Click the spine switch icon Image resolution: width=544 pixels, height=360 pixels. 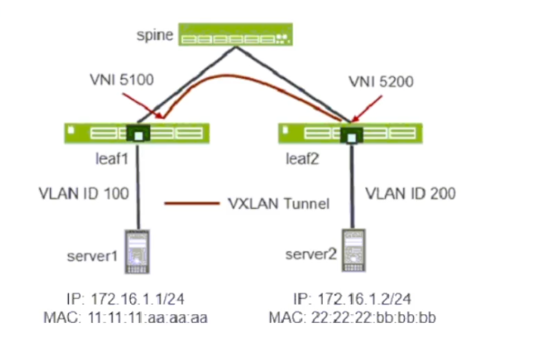coord(235,35)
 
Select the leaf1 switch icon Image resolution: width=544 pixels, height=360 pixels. coord(137,133)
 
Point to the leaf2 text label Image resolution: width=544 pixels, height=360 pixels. coord(303,158)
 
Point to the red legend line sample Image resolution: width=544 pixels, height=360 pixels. coord(190,204)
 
